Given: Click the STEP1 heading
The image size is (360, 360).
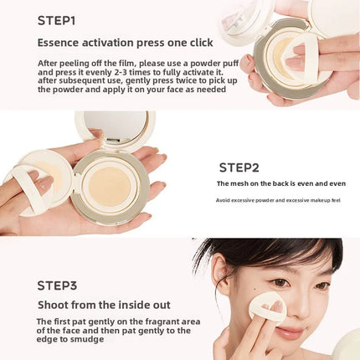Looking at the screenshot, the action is (56, 21).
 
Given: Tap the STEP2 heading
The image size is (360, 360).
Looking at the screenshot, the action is (239, 167).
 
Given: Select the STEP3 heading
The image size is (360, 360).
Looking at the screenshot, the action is (57, 285).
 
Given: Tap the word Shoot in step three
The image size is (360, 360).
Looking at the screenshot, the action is (52, 305).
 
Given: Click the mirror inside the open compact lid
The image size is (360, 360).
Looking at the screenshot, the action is (115, 125).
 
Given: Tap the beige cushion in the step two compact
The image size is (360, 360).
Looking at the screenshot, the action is (110, 187).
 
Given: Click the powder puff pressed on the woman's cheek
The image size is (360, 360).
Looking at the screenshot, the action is (268, 309).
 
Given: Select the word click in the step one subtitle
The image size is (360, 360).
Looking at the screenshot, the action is (202, 43).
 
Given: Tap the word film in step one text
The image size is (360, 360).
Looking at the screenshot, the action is (127, 63).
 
